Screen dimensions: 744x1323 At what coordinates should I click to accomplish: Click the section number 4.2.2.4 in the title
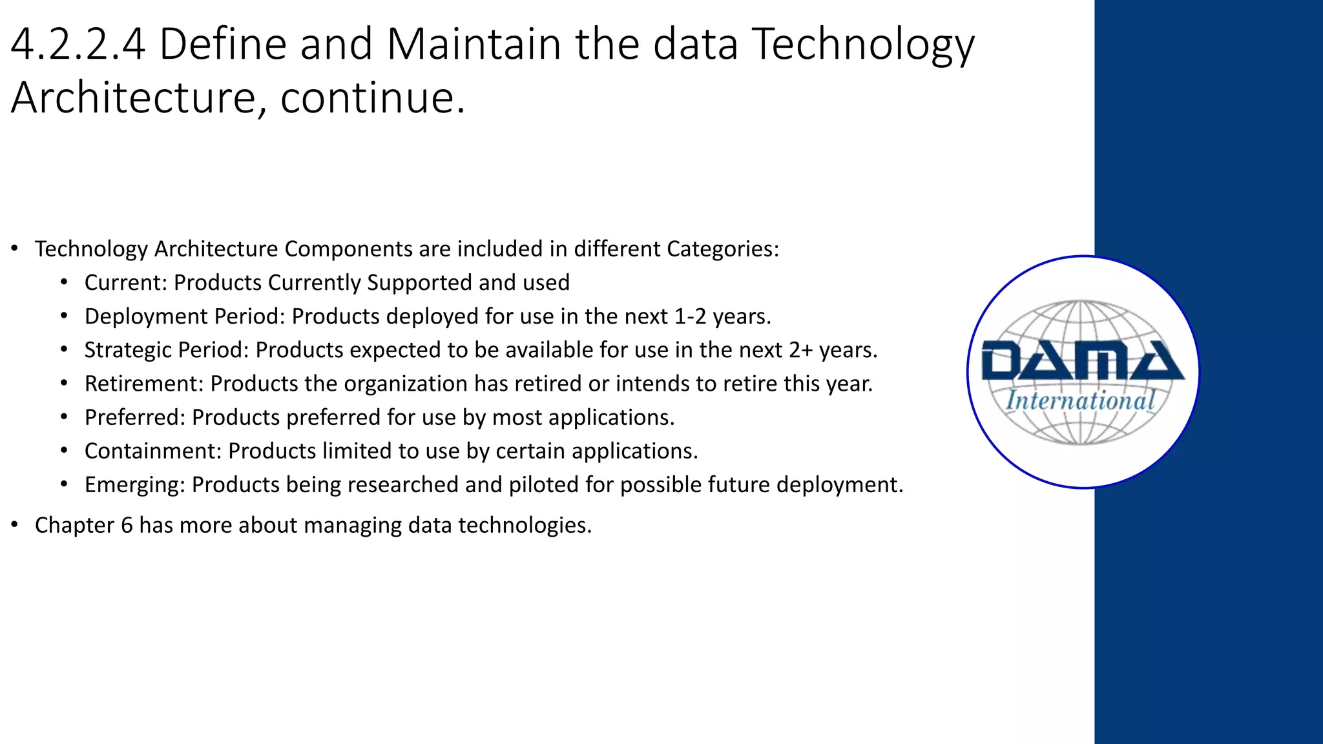click(78, 45)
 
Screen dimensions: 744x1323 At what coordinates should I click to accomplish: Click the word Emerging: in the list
click(135, 484)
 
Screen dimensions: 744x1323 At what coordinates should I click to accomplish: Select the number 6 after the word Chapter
click(127, 525)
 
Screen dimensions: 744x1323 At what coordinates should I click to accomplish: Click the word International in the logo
click(1081, 401)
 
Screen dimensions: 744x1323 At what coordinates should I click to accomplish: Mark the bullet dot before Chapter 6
click(14, 525)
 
